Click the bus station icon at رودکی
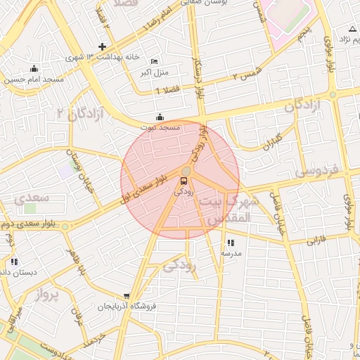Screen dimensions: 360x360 point(184,181)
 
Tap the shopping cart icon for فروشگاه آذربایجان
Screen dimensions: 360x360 point(126,296)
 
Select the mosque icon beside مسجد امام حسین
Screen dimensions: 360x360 point(34,69)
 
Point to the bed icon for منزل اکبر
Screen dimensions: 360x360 point(155,61)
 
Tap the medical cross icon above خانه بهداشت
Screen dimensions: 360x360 point(103,46)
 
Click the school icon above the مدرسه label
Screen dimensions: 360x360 point(231,243)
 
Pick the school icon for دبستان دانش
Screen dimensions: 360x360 point(14,262)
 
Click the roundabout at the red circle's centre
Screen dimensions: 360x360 point(186,171)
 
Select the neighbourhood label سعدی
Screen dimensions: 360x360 point(32,198)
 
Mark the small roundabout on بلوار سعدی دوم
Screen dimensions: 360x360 point(65,226)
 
